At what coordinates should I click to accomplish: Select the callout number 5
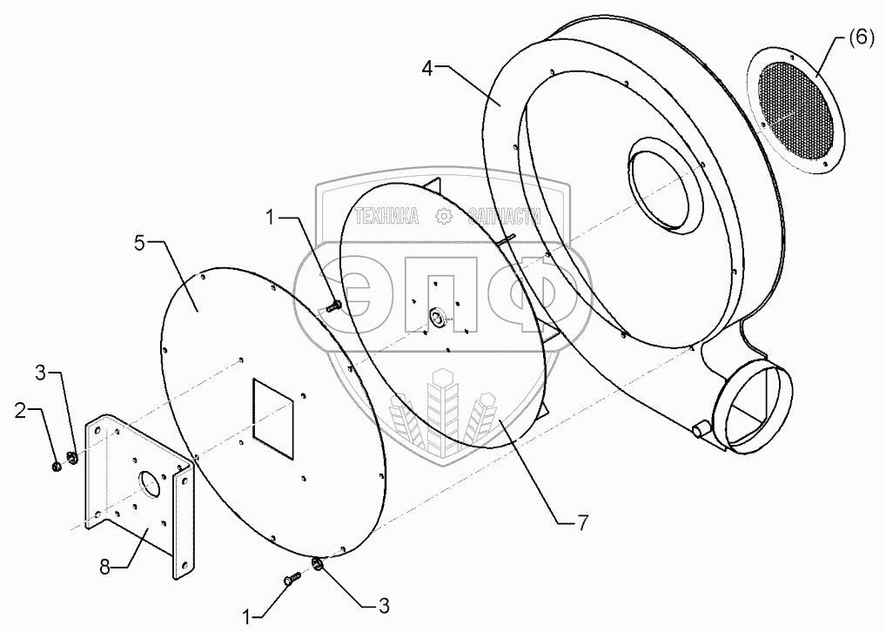click(x=139, y=244)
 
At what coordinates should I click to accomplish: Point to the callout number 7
click(x=582, y=522)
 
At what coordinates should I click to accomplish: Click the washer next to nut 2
click(x=72, y=457)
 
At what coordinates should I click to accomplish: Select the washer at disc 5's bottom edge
click(x=317, y=566)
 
